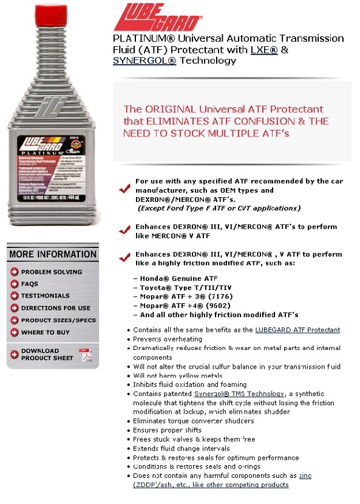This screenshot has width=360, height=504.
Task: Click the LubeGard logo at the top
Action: [157, 16]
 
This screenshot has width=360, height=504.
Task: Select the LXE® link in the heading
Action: [263, 50]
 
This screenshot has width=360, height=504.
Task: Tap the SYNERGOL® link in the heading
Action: [144, 61]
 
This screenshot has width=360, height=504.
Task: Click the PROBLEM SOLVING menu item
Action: [52, 272]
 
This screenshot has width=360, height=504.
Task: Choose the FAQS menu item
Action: [30, 284]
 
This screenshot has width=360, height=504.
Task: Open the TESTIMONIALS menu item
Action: [46, 296]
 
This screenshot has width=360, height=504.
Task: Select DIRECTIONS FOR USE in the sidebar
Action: [56, 308]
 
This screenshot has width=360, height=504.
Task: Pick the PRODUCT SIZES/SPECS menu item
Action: [58, 320]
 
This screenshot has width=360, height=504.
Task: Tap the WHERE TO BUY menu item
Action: [46, 332]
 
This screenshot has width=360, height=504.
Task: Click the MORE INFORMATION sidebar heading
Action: [53, 254]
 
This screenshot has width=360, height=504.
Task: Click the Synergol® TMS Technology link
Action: [234, 394]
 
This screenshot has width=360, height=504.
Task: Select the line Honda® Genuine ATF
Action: [174, 278]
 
